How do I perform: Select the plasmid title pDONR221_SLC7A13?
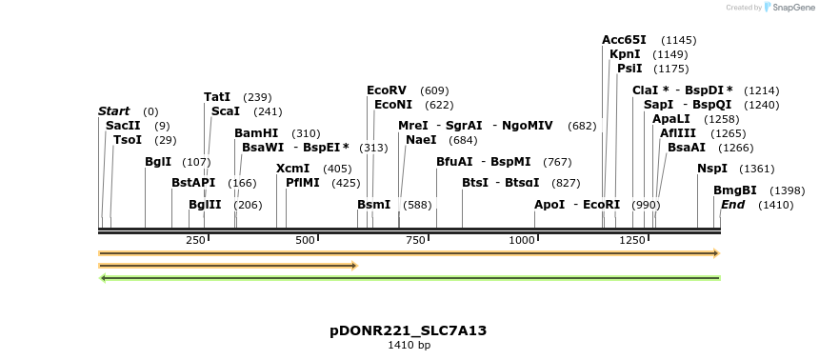point(409,330)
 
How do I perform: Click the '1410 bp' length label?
point(409,345)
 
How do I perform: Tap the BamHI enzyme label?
point(256,133)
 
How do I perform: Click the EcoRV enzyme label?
point(387,90)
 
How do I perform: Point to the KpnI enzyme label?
point(625,54)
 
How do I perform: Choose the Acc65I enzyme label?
point(624,40)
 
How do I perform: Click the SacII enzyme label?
point(123,126)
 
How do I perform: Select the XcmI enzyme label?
point(292,169)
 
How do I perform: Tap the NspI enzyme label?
point(711,169)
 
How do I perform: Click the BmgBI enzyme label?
point(734,190)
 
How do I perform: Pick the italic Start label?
point(113,111)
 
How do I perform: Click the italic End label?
point(732,205)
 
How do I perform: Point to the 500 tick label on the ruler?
point(306,240)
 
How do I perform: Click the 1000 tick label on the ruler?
point(523,240)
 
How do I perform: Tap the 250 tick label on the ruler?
point(196,240)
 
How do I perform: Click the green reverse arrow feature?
point(409,278)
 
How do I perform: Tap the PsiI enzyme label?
point(629,69)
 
